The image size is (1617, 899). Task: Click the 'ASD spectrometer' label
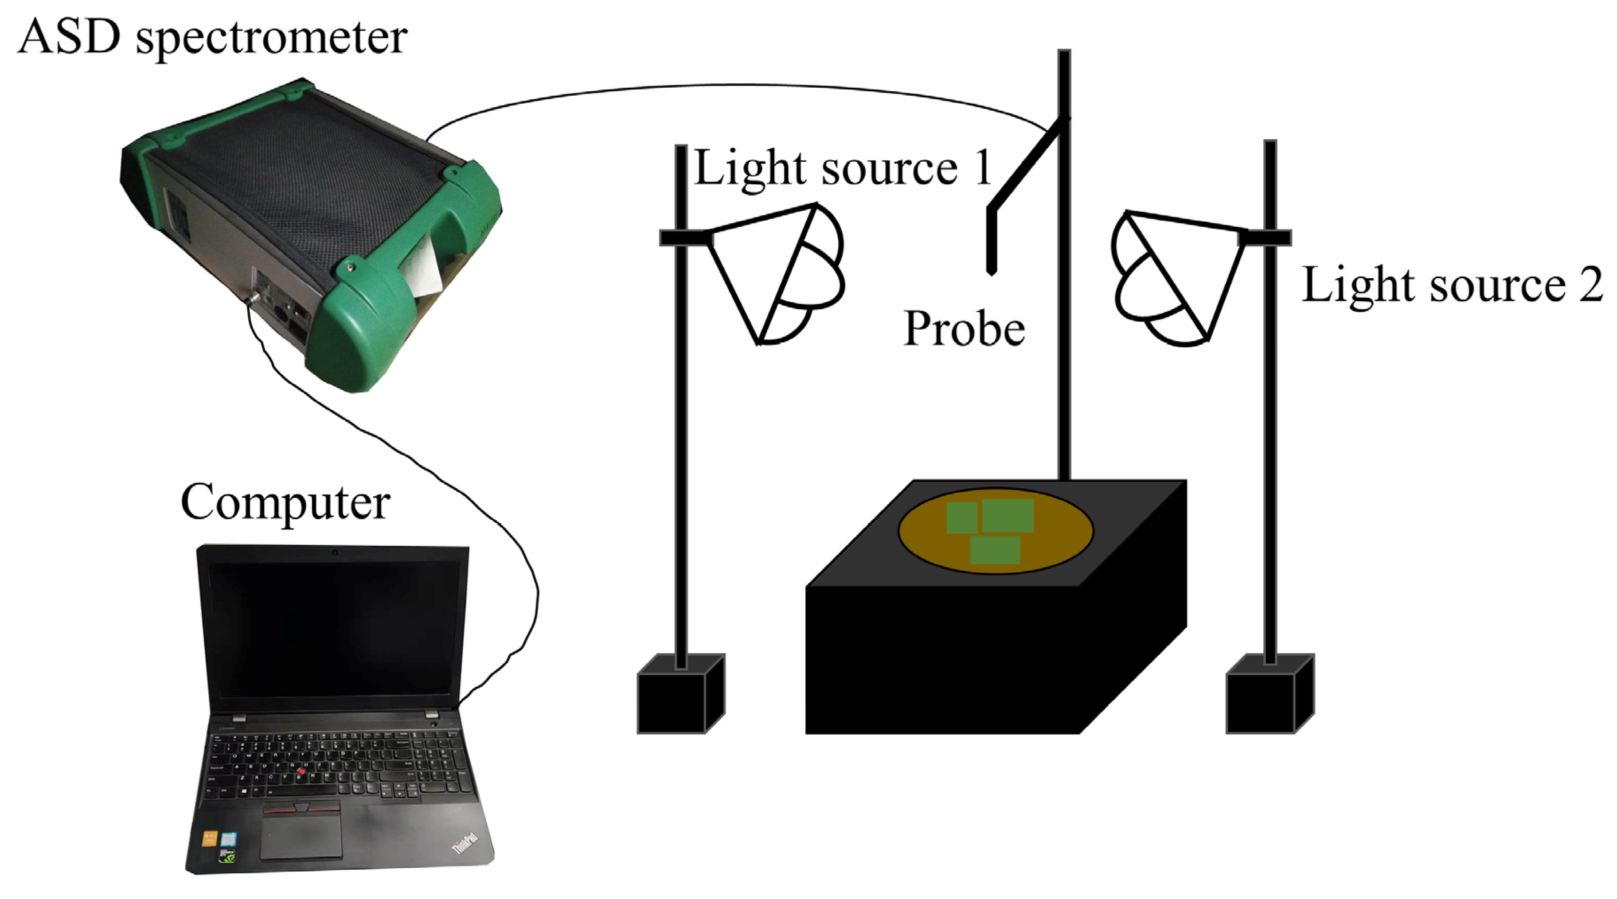coord(212,38)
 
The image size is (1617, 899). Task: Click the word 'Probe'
coord(964,329)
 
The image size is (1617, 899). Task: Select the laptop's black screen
coord(333,627)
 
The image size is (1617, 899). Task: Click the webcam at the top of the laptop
coord(335,552)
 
